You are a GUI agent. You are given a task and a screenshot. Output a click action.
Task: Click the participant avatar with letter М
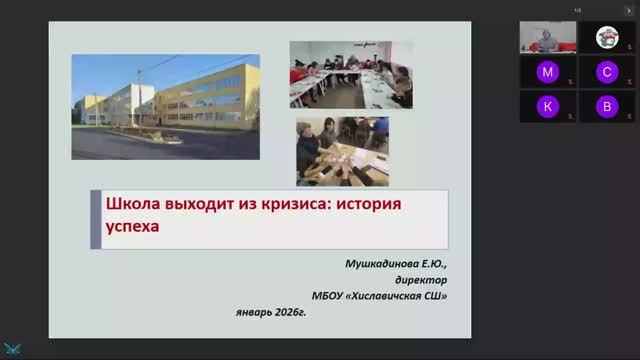[x=547, y=72]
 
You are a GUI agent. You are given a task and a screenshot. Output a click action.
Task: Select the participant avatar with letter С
[x=606, y=72]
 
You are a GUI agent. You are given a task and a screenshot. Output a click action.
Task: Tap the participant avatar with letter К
[x=547, y=106]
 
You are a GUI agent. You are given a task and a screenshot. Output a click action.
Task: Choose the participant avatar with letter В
[x=606, y=106]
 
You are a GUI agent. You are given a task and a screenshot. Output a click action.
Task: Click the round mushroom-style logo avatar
[x=606, y=37]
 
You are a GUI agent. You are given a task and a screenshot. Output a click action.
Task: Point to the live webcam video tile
[x=547, y=37]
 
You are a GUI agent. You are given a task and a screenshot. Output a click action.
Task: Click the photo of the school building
[x=164, y=106]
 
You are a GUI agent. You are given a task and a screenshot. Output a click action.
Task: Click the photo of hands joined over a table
[x=341, y=150]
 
